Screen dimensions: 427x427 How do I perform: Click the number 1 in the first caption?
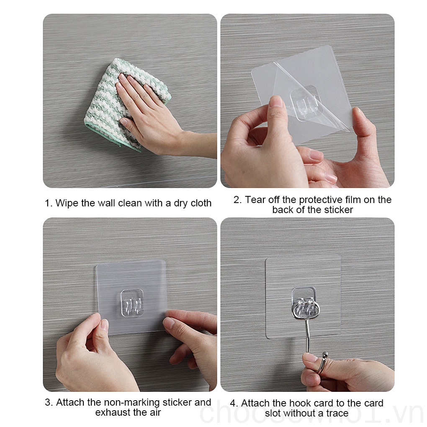(47, 203)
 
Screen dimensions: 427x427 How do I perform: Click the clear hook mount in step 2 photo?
(305, 102)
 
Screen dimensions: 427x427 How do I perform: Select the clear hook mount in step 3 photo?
(132, 302)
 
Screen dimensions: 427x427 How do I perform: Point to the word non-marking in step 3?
(130, 402)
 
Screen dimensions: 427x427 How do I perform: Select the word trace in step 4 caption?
(335, 414)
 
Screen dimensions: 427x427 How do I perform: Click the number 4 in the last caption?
(233, 404)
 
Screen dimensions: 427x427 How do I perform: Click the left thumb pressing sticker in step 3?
(103, 327)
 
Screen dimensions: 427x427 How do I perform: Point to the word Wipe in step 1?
(67, 203)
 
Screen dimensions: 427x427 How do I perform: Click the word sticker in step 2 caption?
(337, 210)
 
